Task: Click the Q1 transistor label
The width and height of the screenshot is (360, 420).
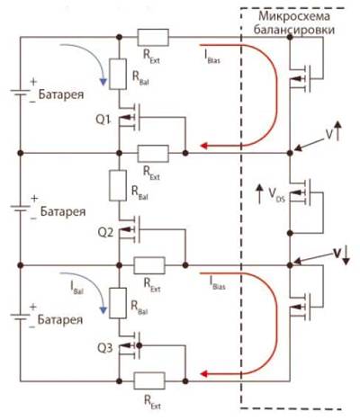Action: pyautogui.click(x=103, y=120)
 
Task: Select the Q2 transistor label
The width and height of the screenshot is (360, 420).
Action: pyautogui.click(x=106, y=233)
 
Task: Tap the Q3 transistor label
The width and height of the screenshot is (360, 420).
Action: pyautogui.click(x=105, y=348)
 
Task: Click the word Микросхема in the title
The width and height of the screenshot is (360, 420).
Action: pyautogui.click(x=294, y=16)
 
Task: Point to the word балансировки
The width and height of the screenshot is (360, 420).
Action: pyautogui.click(x=294, y=30)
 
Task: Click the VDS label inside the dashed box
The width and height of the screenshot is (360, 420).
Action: pyautogui.click(x=276, y=195)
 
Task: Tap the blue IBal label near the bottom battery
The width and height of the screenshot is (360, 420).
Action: pyautogui.click(x=76, y=287)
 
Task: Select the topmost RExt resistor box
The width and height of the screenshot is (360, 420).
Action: pyautogui.click(x=153, y=38)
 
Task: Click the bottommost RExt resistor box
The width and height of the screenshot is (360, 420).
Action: pyautogui.click(x=149, y=380)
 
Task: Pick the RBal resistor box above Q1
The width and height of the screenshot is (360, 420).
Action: pyautogui.click(x=118, y=74)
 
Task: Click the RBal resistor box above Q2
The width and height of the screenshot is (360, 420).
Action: pyautogui.click(x=118, y=185)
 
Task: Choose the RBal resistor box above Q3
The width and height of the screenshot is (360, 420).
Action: pyautogui.click(x=118, y=303)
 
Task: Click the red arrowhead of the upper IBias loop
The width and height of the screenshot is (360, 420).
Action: pyautogui.click(x=204, y=146)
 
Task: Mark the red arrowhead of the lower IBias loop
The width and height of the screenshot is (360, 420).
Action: pyautogui.click(x=204, y=374)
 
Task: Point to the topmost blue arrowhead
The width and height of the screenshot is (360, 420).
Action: pyautogui.click(x=103, y=82)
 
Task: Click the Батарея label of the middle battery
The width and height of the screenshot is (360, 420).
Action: pyautogui.click(x=63, y=211)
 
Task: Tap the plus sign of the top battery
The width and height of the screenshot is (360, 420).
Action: pyautogui.click(x=33, y=81)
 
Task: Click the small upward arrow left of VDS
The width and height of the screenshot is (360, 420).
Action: pyautogui.click(x=259, y=194)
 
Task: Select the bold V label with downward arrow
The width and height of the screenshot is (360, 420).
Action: pyautogui.click(x=342, y=255)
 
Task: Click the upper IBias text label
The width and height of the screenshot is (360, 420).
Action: pyautogui.click(x=212, y=57)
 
